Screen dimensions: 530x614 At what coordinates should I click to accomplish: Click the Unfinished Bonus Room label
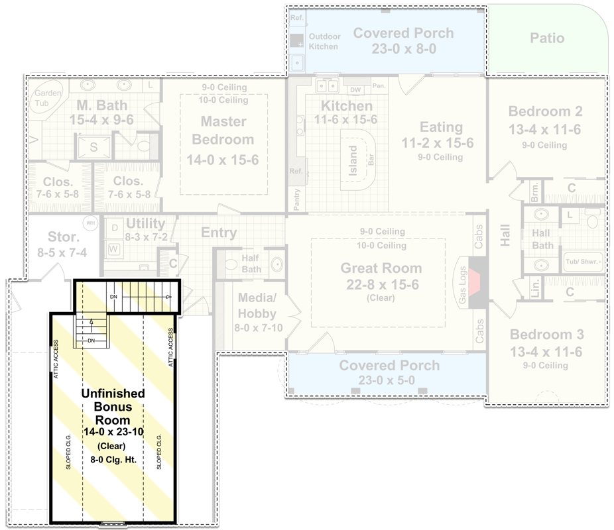pos(113,407)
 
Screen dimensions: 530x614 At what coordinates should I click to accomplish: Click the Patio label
pos(547,38)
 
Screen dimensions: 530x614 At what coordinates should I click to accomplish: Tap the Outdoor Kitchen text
pos(324,42)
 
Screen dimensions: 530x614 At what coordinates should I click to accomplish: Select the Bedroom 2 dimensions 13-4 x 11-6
pos(544,130)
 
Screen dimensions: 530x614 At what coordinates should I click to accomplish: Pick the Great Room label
pos(381,268)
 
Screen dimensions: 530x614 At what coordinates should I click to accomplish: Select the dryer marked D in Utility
pos(113,228)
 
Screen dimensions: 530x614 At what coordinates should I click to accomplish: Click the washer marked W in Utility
pos(113,249)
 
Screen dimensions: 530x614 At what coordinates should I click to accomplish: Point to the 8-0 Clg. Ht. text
pos(113,458)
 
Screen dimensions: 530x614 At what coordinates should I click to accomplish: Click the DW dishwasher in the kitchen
pos(355,90)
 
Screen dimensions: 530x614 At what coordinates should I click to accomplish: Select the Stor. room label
pos(64,237)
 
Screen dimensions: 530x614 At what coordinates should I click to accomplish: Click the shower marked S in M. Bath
pos(93,148)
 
